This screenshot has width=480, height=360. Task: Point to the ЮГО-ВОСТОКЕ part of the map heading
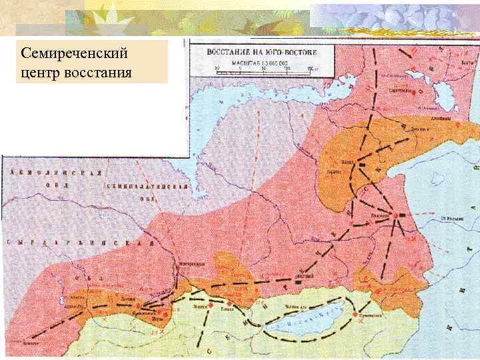click(x=287, y=51)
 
